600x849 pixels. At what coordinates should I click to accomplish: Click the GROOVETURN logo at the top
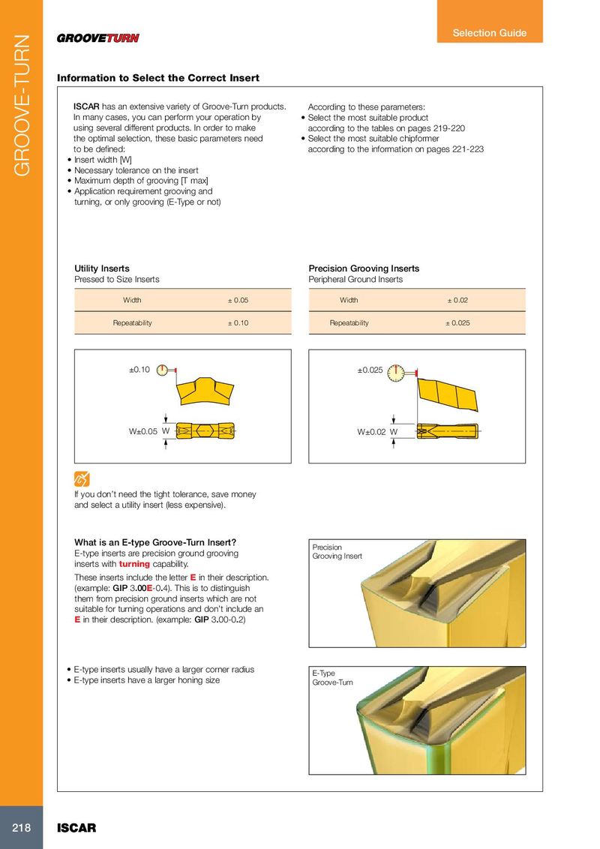(98, 38)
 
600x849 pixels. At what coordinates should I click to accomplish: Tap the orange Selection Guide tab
(489, 32)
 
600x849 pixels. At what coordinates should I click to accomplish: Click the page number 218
(21, 828)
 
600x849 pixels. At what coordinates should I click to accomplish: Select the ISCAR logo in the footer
(77, 829)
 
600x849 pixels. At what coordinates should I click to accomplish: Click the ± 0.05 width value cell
(238, 300)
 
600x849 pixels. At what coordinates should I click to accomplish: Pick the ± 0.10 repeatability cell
(238, 322)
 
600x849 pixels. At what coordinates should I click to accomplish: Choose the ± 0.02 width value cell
(457, 300)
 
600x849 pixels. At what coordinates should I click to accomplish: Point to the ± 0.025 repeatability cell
(457, 322)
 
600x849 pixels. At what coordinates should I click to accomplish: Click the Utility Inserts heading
(102, 268)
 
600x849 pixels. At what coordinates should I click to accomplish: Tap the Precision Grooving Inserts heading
(364, 268)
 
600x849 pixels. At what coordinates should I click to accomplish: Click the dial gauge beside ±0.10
(165, 371)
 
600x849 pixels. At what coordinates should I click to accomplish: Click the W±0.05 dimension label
(142, 431)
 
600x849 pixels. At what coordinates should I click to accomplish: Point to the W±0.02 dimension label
(372, 431)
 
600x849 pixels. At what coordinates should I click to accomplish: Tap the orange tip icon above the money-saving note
(82, 478)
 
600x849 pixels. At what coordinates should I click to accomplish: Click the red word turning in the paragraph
(135, 563)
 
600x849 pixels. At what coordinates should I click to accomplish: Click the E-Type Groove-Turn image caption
(332, 677)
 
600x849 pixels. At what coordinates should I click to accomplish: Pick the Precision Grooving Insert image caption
(337, 551)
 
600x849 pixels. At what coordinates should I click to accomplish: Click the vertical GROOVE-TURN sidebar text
(22, 105)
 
